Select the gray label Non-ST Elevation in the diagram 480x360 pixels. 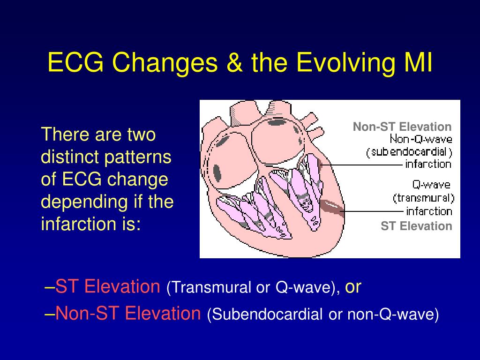pos(402,127)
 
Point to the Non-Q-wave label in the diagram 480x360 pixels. pos(421,139)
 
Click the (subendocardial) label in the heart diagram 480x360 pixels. pos(409,152)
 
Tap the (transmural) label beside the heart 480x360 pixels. pos(423,198)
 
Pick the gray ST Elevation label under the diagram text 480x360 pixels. pos(416,226)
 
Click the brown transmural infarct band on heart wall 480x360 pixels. pos(332,208)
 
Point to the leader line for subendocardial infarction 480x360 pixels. pos(361,165)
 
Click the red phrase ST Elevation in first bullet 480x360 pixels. pos(108,286)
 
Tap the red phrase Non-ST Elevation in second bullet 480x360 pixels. pos(128,313)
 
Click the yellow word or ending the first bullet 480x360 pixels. pos(353,287)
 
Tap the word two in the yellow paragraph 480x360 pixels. pos(142,135)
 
